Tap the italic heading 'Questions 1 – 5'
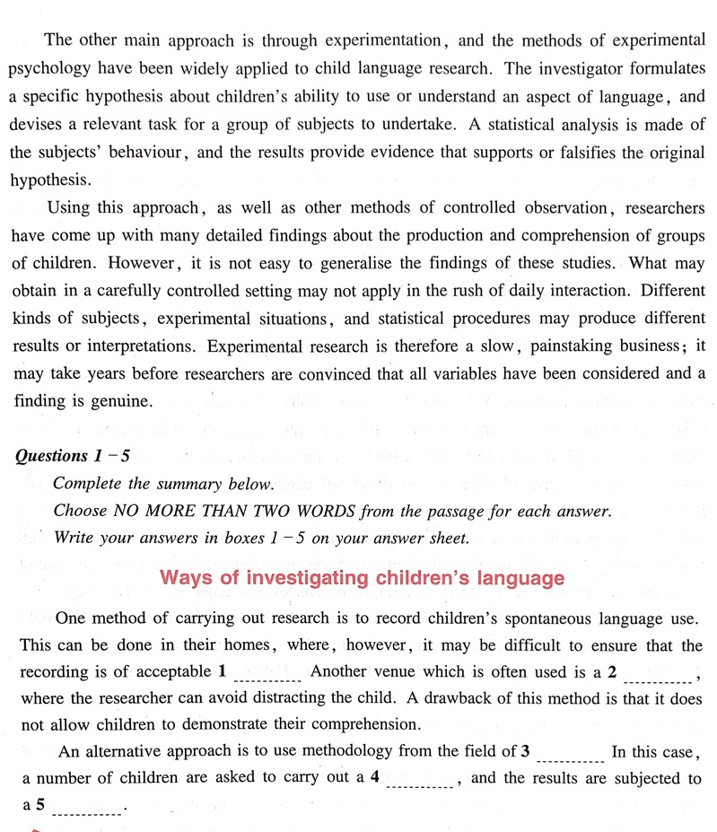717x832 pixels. pos(73,456)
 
